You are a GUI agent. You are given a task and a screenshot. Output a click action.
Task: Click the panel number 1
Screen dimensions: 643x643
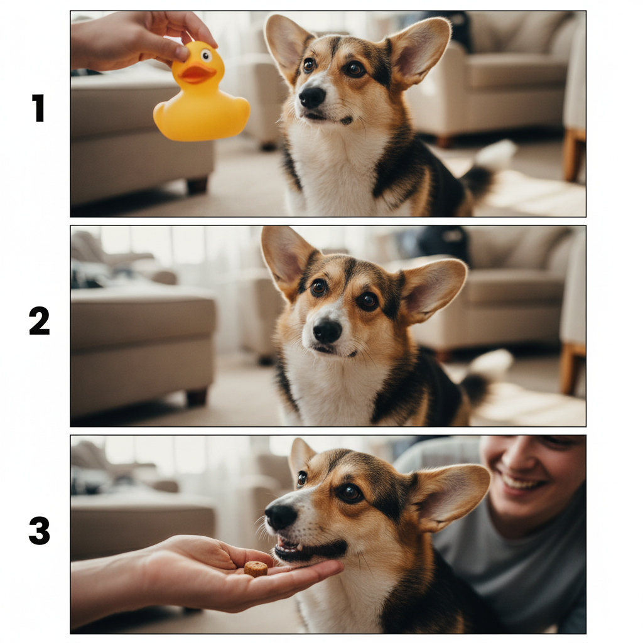38,108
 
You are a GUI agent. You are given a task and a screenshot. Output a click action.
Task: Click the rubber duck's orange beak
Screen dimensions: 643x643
198,73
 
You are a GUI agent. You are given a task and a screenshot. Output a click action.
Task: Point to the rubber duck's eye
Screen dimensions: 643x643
206,55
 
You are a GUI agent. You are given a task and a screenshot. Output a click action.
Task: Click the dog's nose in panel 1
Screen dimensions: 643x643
312,97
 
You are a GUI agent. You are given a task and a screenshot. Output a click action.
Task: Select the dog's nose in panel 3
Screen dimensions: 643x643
281,516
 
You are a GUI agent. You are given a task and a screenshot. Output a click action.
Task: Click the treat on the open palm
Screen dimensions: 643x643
256,569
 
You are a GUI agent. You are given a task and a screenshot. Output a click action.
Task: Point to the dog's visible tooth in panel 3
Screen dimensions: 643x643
300,547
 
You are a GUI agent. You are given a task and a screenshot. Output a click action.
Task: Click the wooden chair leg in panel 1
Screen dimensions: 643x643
573,155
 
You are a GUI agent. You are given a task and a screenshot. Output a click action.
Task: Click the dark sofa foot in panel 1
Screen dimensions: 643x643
197,185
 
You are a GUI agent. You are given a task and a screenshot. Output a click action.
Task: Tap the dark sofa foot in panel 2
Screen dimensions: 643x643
197,397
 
